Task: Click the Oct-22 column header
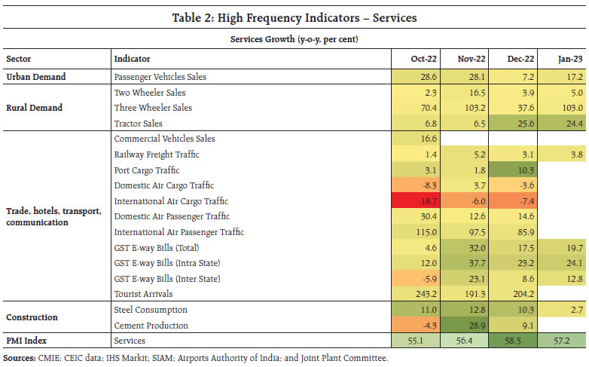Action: [x=420, y=58]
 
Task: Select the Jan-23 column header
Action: [x=569, y=58]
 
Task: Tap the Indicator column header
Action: [x=133, y=58]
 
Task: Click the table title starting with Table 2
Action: [x=294, y=16]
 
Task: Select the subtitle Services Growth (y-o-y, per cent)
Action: [x=294, y=40]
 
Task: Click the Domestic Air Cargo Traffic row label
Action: [x=164, y=185]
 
